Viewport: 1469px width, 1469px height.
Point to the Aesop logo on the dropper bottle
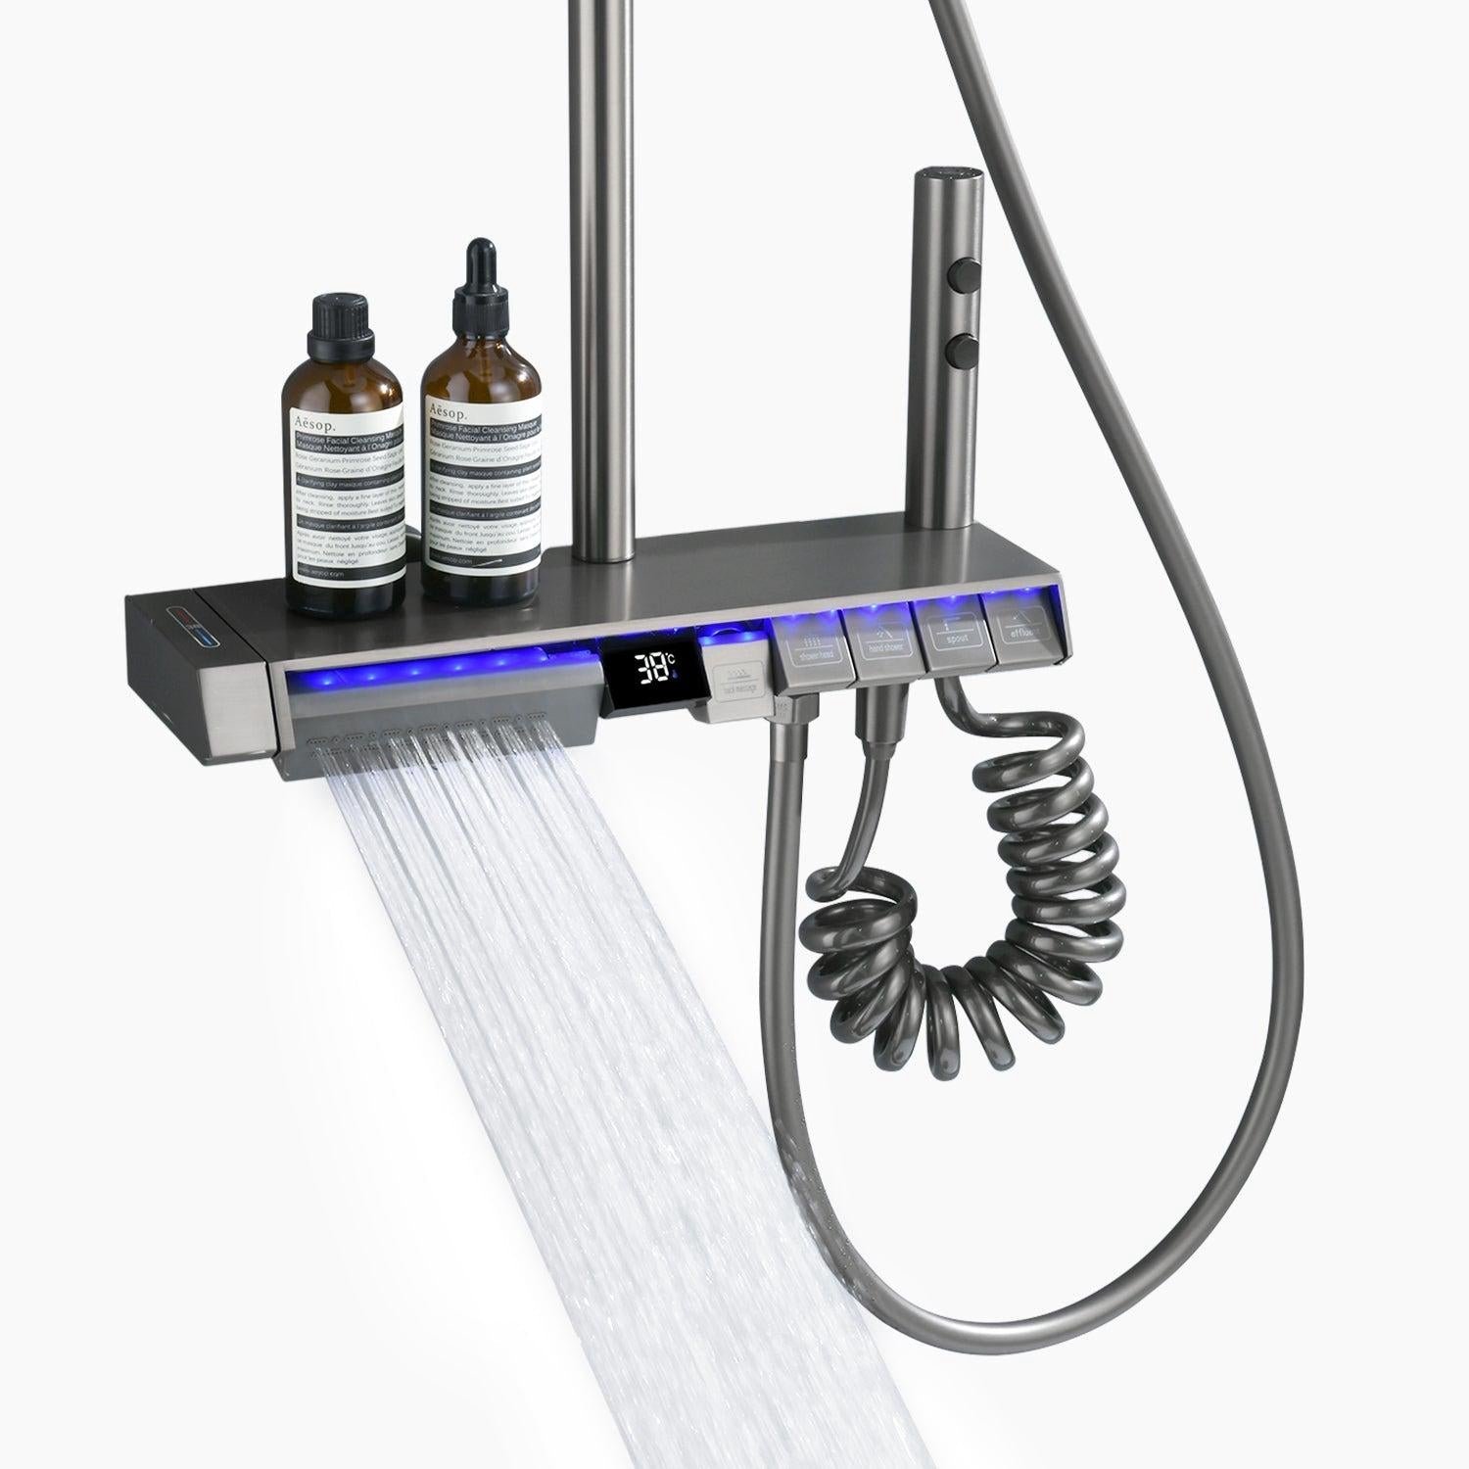pyautogui.click(x=449, y=408)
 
